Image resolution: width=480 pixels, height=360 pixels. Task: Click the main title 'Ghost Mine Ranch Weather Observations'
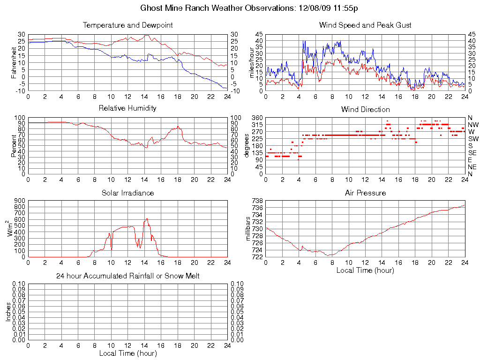[x=249, y=8]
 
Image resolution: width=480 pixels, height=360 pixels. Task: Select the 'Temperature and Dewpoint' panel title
[x=127, y=25]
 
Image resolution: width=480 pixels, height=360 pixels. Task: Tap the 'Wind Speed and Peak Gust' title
[x=365, y=25]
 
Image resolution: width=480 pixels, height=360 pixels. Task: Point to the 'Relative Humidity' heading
[x=127, y=108]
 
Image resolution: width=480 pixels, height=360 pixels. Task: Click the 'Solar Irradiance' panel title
[x=127, y=193]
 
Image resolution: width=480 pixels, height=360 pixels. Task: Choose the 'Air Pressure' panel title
[x=365, y=193]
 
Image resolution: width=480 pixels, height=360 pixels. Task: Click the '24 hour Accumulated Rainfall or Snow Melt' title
[x=127, y=276]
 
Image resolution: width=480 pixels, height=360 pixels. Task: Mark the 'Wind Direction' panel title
[x=365, y=109]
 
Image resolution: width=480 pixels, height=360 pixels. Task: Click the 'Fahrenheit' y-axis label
[x=14, y=62]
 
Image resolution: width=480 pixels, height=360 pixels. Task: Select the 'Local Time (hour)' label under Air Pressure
[x=365, y=270]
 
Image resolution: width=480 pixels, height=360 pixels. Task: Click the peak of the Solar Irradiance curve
[x=147, y=218]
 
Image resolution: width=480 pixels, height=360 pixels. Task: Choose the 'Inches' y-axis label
[x=8, y=312]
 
